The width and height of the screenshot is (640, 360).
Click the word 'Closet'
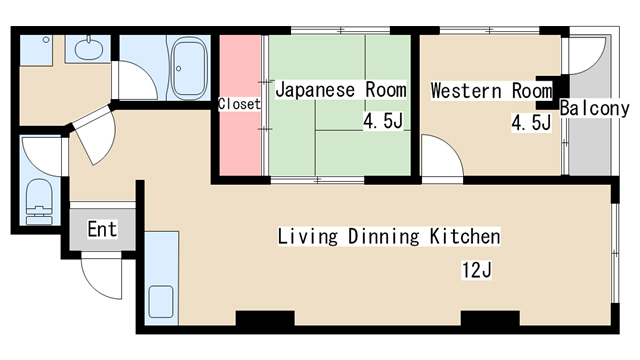tap(239, 104)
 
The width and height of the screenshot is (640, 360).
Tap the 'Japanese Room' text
tap(340, 90)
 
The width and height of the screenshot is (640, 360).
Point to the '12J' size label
tap(477, 270)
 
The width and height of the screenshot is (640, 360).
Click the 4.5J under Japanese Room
tap(384, 123)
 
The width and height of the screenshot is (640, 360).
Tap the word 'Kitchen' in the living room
tap(465, 237)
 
